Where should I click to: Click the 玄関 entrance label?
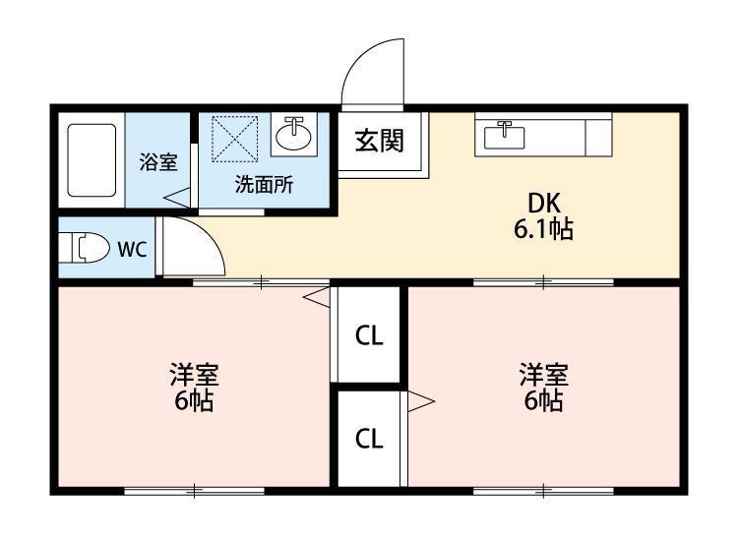pyautogui.click(x=380, y=141)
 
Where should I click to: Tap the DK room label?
pyautogui.click(x=543, y=204)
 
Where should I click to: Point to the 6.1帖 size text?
pyautogui.click(x=543, y=229)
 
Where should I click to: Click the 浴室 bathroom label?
pyautogui.click(x=158, y=162)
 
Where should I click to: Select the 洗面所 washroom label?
pyautogui.click(x=264, y=184)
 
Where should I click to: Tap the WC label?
pyautogui.click(x=132, y=249)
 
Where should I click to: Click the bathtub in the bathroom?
pyautogui.click(x=92, y=160)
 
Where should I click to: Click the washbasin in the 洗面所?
pyautogui.click(x=293, y=135)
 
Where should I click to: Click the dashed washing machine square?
pyautogui.click(x=235, y=139)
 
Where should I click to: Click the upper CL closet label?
pyautogui.click(x=369, y=335)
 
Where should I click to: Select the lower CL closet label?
pyautogui.click(x=369, y=439)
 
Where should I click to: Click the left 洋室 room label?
pyautogui.click(x=194, y=375)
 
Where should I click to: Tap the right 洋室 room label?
pyautogui.click(x=543, y=375)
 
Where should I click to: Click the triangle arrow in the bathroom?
pyautogui.click(x=177, y=197)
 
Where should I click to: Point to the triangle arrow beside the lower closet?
pyautogui.click(x=421, y=401)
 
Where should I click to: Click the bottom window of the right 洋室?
pyautogui.click(x=543, y=491)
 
